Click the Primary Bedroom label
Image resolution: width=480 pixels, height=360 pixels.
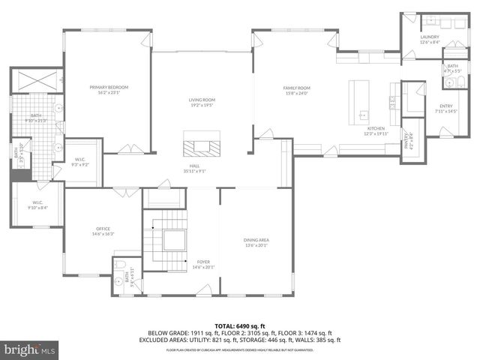point(109,88)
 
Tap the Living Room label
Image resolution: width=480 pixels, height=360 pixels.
point(202,100)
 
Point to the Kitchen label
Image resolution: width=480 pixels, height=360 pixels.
point(374,129)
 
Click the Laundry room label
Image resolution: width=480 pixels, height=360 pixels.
point(430,37)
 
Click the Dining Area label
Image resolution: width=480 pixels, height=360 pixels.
point(256,240)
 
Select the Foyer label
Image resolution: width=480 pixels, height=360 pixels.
point(203,261)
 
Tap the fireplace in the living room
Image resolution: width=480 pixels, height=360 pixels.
point(202,142)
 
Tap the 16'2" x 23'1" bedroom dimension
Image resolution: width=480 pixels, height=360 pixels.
point(109,93)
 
